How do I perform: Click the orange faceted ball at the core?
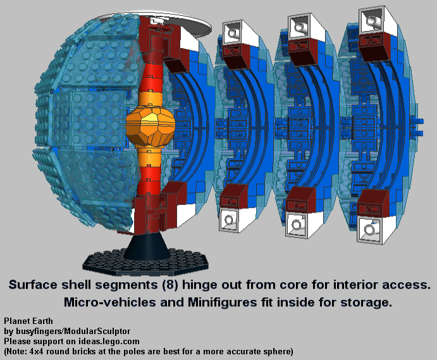(x=151, y=127)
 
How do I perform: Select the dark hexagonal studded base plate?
(x=145, y=261)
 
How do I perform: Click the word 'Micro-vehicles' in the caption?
(x=110, y=302)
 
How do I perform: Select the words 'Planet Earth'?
(x=28, y=321)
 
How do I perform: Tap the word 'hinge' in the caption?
(x=200, y=285)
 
